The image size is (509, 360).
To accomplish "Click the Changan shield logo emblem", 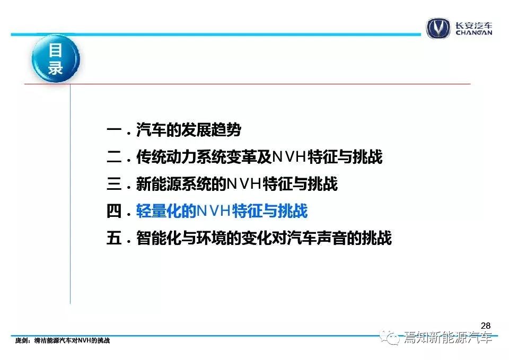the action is click(x=438, y=28).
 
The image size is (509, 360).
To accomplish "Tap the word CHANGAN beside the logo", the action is click(x=474, y=32).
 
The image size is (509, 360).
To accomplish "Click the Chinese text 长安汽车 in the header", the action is click(x=474, y=25).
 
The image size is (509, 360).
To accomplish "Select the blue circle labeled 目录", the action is click(x=56, y=58).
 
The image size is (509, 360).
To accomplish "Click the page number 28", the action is click(x=486, y=326).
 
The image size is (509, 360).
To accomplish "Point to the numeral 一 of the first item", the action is click(x=114, y=130).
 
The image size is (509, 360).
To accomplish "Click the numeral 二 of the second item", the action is click(x=114, y=157).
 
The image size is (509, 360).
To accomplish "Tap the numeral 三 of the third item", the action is click(x=114, y=184).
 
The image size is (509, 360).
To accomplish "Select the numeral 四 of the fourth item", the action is click(x=114, y=211).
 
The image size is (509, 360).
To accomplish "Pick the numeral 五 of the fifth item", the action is click(x=114, y=238).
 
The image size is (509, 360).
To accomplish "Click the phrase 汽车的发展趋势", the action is click(x=189, y=130).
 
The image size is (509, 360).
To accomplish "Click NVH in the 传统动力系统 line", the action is click(x=289, y=157).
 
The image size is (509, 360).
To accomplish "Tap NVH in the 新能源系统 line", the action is click(x=244, y=184).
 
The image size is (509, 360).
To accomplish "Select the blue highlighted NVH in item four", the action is click(x=214, y=211).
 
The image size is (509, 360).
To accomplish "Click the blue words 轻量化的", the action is click(x=166, y=211).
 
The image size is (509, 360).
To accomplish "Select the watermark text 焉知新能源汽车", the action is click(x=449, y=338).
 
